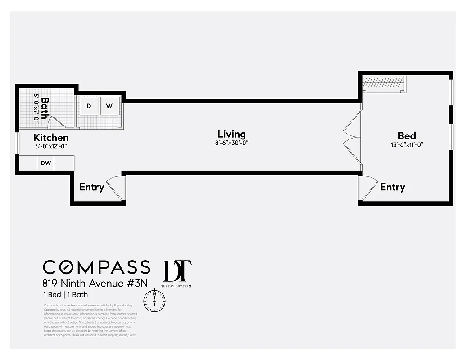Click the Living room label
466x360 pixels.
pyautogui.click(x=231, y=134)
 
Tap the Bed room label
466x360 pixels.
pyautogui.click(x=407, y=136)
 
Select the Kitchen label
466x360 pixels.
pyautogui.click(x=51, y=138)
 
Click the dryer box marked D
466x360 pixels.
pyautogui.click(x=89, y=106)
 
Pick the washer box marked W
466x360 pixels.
pyautogui.click(x=109, y=106)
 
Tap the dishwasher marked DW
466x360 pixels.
pyautogui.click(x=46, y=163)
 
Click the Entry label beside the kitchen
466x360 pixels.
pyautogui.click(x=92, y=187)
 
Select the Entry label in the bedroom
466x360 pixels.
pyautogui.click(x=393, y=187)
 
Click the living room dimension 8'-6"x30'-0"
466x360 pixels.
pyautogui.click(x=231, y=143)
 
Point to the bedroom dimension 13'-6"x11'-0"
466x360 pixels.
pyautogui.click(x=407, y=145)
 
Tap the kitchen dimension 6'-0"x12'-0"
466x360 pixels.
pyautogui.click(x=51, y=146)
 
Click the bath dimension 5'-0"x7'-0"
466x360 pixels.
pyautogui.click(x=36, y=107)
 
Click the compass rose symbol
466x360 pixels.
pyautogui.click(x=154, y=300)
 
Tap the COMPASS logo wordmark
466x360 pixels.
pyautogui.click(x=96, y=267)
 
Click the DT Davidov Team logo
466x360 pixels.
pyautogui.click(x=176, y=273)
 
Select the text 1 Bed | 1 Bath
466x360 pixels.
pyautogui.click(x=66, y=295)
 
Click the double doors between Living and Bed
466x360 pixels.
pyautogui.click(x=353, y=137)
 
